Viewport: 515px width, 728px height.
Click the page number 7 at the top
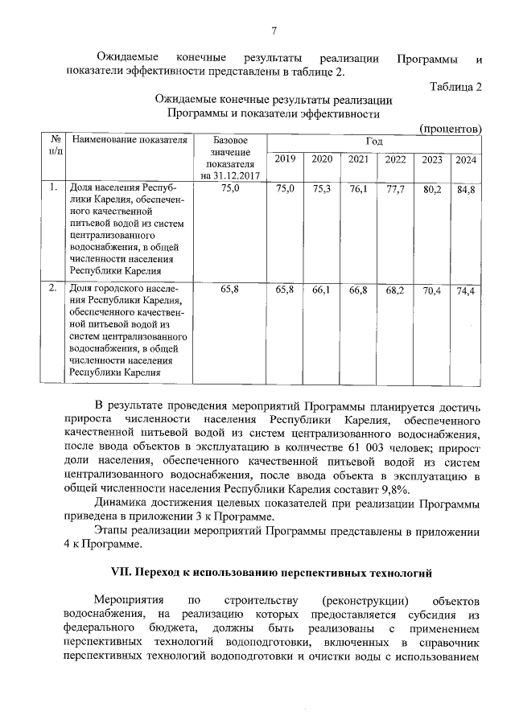pos(274,31)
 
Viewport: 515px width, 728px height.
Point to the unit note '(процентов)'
pos(451,129)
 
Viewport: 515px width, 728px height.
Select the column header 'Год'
pos(373,141)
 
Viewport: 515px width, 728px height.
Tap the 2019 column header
pos(285,159)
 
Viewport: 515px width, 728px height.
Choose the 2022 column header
pos(395,159)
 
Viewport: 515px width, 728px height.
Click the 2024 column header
pos(465,159)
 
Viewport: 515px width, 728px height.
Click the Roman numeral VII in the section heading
pos(122,573)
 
